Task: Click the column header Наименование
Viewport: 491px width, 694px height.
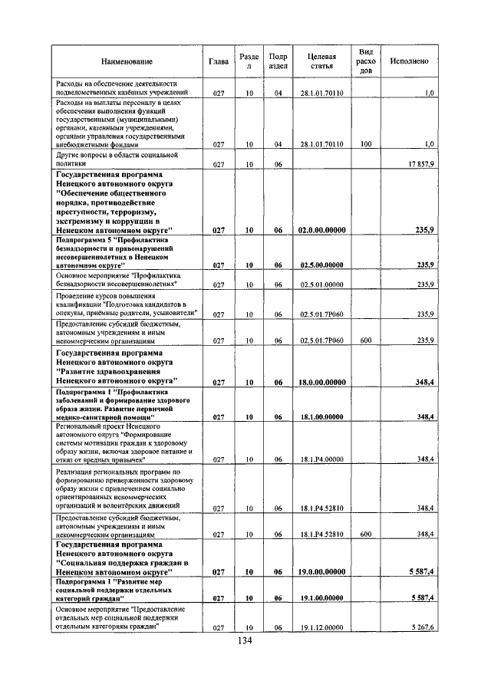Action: pyautogui.click(x=126, y=61)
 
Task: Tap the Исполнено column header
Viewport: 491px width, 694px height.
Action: pyautogui.click(x=409, y=61)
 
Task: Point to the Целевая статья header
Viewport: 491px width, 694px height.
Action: pyautogui.click(x=321, y=61)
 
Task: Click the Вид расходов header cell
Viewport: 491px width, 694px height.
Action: pyautogui.click(x=366, y=61)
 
